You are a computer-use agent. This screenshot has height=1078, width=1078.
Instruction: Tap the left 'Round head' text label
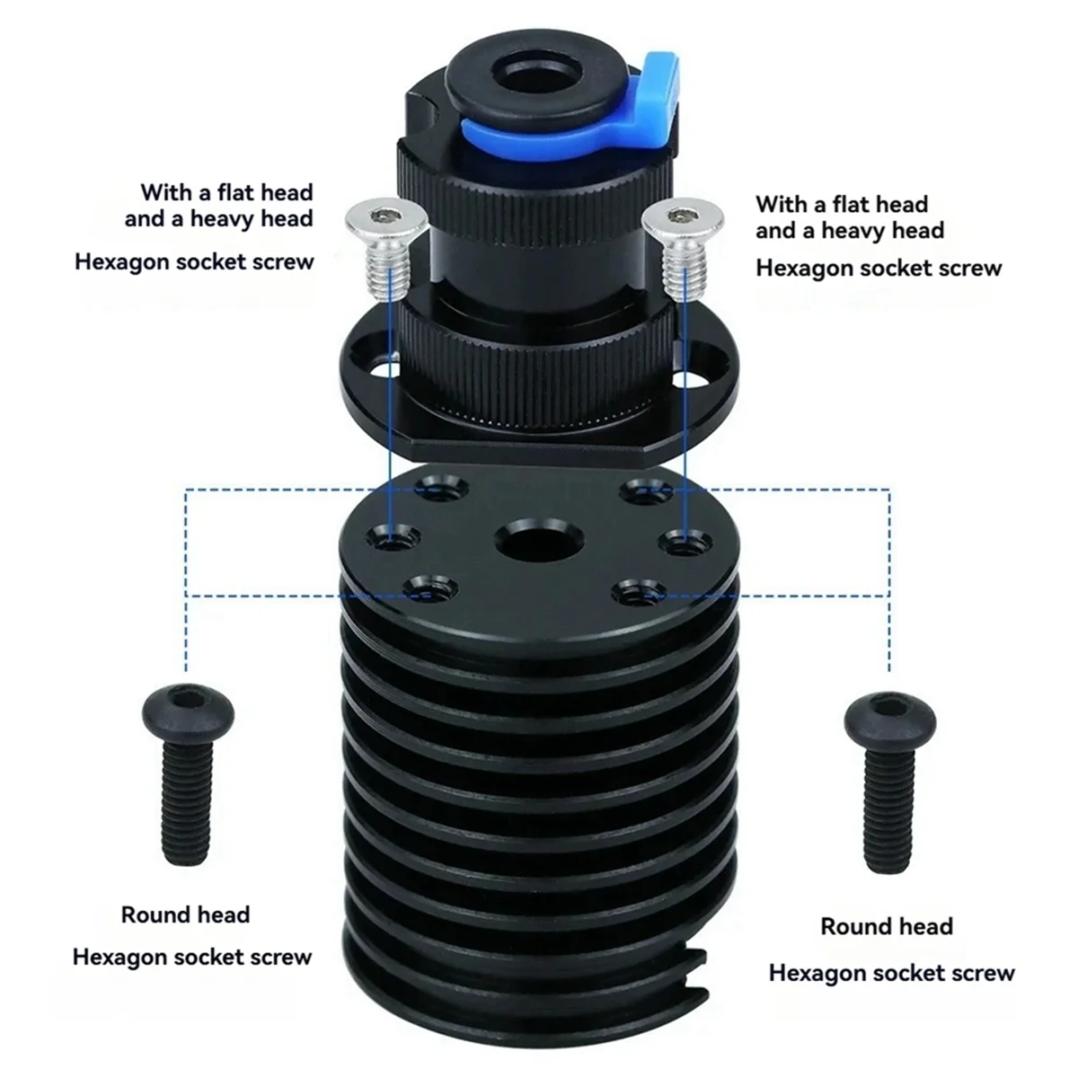click(185, 915)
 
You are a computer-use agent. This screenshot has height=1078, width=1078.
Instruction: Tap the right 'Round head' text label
click(886, 926)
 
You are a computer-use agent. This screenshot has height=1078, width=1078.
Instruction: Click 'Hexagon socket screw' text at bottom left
click(191, 957)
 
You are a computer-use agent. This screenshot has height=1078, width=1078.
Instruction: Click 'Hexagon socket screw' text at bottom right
click(891, 972)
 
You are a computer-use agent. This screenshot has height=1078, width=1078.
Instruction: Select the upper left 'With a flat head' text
click(226, 192)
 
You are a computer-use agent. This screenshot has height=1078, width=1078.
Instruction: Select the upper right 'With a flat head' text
click(841, 204)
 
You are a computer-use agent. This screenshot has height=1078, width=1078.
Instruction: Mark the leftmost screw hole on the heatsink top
click(393, 539)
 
